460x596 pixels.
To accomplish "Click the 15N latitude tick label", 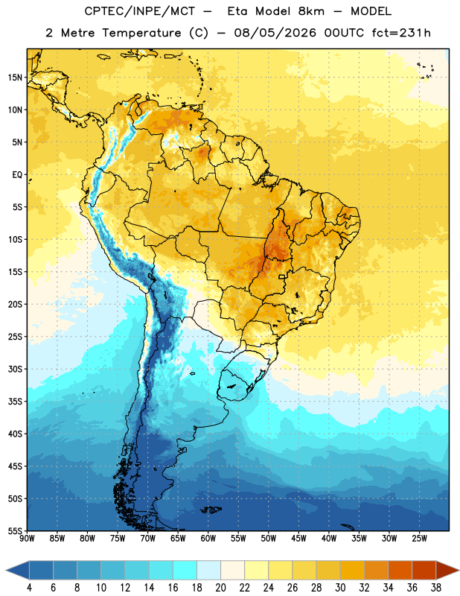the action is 15,77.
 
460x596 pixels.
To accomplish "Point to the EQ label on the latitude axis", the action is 17,175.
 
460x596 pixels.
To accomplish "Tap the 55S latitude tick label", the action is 15,530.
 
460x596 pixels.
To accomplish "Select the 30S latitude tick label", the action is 15,369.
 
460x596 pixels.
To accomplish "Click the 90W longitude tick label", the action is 27,539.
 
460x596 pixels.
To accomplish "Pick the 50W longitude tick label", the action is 269,539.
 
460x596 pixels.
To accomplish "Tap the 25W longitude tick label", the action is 419,539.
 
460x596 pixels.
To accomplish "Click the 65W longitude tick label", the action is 178,539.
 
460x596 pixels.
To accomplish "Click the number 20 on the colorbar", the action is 220,588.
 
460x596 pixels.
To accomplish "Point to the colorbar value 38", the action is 436,588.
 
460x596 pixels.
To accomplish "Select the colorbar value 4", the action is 29,588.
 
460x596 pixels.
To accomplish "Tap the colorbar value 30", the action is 340,588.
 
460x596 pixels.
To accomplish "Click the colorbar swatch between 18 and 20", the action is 209,570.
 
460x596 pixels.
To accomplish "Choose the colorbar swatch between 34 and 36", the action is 400,570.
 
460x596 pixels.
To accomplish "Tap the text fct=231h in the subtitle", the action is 401,33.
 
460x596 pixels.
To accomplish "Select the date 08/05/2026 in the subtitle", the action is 275,33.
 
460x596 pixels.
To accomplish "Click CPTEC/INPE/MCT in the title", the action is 139,11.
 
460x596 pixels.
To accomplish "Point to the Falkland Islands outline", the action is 211,510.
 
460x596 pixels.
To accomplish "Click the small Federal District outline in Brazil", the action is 282,276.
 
